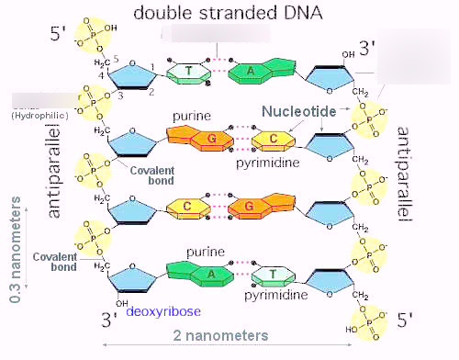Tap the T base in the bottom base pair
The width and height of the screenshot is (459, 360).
point(273,274)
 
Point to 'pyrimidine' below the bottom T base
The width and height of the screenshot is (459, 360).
point(274,296)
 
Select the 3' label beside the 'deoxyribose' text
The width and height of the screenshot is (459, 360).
point(109,319)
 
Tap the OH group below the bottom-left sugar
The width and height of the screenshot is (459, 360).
point(122,302)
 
